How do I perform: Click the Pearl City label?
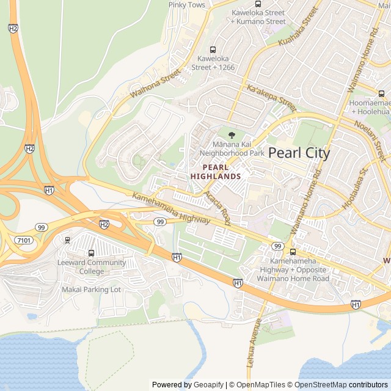299,153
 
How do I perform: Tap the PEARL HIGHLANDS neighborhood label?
216,171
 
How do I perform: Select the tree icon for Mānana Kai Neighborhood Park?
231,135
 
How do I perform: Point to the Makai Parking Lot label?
91,289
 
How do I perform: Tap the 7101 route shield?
24,241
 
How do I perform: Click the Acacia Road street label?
217,208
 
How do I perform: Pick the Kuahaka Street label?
299,27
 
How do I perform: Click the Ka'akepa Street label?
271,97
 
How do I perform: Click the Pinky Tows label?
186,5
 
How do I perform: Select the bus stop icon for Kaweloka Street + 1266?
213,49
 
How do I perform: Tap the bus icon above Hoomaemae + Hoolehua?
381,93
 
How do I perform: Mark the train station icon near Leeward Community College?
67,239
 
